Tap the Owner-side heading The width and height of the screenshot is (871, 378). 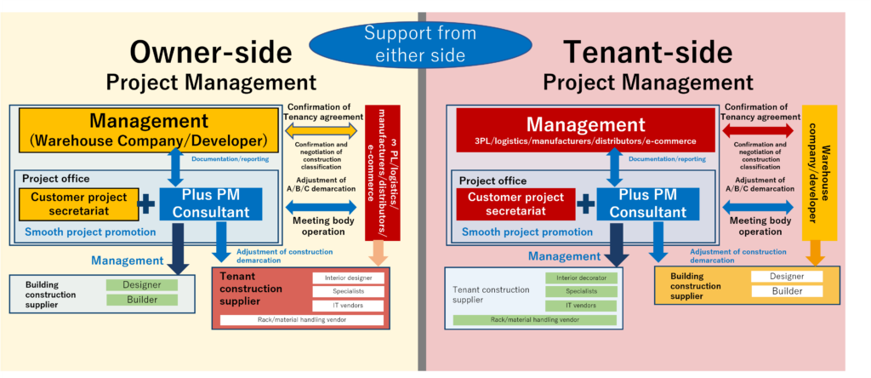(210, 53)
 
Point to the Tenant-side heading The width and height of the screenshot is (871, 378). (647, 53)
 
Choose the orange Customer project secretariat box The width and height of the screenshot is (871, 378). (79, 203)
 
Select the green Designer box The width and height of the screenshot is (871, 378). (142, 285)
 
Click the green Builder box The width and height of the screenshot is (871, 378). (142, 300)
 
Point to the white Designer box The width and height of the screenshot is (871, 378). (787, 277)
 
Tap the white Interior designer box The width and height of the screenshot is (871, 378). (349, 278)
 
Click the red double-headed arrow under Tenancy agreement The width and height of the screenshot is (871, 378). (759, 130)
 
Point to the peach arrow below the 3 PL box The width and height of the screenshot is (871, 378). (379, 252)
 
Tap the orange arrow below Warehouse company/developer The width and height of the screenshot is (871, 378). (815, 252)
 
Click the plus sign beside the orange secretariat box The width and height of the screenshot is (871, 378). (146, 203)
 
